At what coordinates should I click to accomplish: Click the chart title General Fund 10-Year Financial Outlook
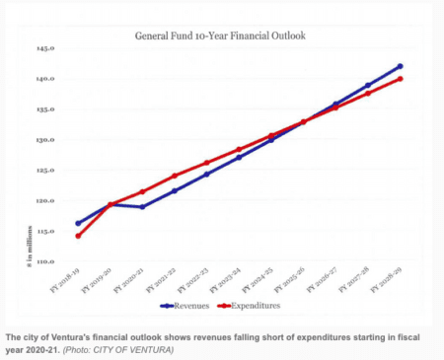tap(221, 35)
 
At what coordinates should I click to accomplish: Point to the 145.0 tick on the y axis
tap(45, 48)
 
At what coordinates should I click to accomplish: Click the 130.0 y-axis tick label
tap(45, 140)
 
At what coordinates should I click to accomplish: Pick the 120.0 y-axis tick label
tap(45, 201)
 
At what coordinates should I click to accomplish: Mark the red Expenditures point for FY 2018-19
tap(78, 236)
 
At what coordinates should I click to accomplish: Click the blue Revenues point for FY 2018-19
tap(78, 223)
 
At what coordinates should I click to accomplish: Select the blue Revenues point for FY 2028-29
tap(400, 66)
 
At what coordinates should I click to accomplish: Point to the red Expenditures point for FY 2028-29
tap(400, 79)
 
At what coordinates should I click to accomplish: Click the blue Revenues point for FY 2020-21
tap(142, 207)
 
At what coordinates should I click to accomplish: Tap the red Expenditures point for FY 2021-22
tap(175, 176)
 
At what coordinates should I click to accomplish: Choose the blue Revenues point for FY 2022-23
tap(206, 175)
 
